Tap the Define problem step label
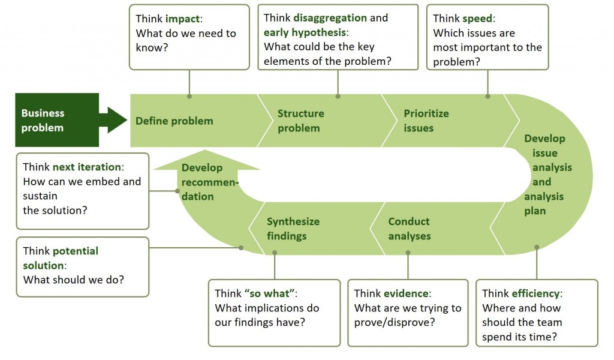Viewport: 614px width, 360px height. (174, 121)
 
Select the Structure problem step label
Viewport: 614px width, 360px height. (300, 121)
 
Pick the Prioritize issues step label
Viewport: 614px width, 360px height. (426, 121)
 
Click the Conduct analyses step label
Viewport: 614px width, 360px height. (409, 229)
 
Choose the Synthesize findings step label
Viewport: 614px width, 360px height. (293, 229)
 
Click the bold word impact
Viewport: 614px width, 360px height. (183, 19)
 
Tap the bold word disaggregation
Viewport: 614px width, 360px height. (330, 17)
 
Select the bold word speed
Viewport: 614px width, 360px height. (477, 18)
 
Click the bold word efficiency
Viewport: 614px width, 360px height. (535, 293)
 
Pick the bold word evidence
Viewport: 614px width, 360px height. (406, 293)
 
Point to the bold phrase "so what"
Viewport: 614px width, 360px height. (269, 293)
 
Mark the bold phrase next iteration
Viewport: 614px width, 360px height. (86, 167)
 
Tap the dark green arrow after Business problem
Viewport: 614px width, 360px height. (113, 120)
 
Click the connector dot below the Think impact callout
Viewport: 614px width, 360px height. (189, 96)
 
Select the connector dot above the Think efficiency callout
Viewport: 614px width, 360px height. (537, 247)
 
